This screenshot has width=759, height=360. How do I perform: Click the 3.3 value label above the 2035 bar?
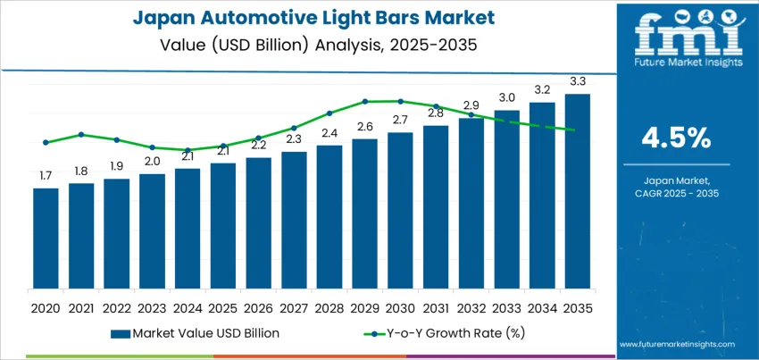[578, 81]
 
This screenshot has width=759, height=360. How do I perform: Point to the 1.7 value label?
[46, 175]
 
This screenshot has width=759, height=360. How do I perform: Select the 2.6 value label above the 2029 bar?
[364, 127]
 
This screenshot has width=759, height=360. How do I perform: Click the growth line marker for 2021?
[81, 135]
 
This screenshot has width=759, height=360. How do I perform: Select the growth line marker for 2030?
[400, 101]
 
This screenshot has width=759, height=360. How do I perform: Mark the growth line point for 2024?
[188, 150]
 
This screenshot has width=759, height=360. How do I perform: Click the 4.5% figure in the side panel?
[676, 138]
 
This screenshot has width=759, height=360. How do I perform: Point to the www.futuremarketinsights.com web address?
[676, 344]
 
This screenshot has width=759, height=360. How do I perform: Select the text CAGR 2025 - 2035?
[676, 193]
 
